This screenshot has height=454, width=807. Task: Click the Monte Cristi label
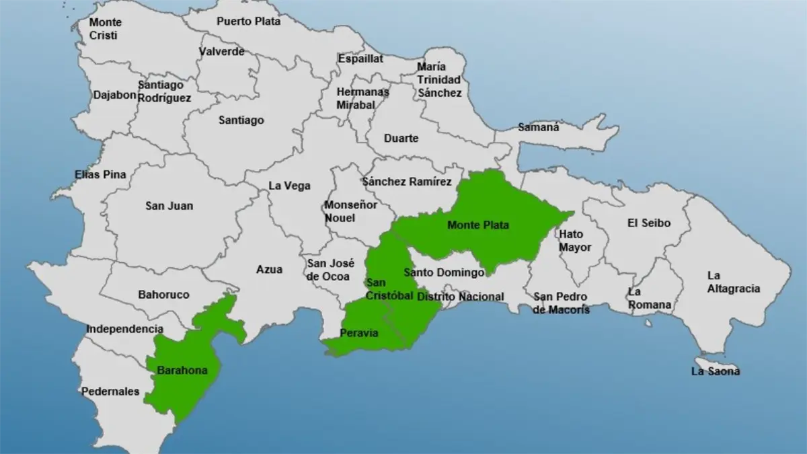106,29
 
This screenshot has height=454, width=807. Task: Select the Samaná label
538,127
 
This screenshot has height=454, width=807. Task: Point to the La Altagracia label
733,282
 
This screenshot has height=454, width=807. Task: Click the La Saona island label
716,371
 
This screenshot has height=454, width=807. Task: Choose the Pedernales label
110,391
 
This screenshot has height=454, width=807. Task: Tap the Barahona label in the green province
182,370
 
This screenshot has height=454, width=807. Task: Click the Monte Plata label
478,225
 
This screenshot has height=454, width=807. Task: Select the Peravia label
358,332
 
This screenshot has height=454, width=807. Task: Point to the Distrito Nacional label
460,297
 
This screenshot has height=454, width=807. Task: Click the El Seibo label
648,223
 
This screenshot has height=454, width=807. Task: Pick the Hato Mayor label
575,241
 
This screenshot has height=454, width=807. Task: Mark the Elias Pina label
100,175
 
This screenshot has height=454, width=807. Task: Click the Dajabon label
115,95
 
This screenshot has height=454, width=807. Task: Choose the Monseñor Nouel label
351,211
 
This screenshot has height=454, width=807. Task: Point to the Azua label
269,269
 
